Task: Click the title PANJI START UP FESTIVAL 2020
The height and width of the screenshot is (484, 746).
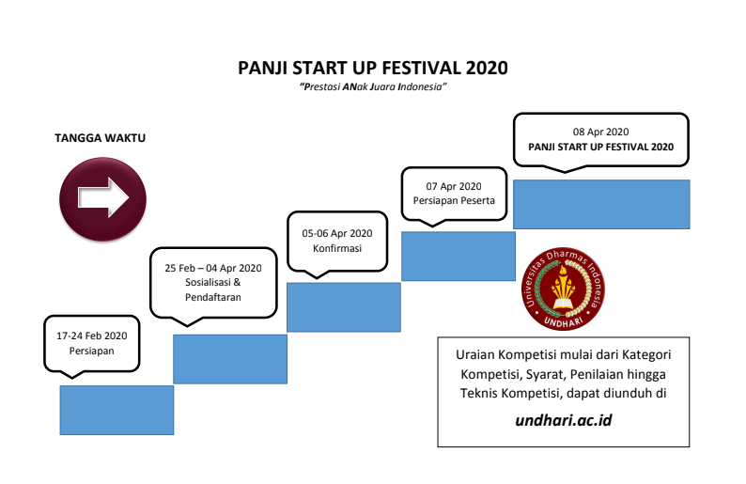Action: [x=373, y=68]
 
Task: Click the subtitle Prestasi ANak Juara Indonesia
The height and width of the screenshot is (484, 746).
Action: [x=372, y=86]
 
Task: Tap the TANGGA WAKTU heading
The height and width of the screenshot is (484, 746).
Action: [x=101, y=138]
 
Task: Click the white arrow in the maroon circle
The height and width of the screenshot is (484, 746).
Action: [x=102, y=197]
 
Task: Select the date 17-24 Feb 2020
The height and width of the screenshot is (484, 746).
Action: [x=91, y=335]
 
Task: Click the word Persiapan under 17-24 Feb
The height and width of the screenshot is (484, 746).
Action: [x=91, y=351]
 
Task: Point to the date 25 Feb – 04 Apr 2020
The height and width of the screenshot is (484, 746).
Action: [x=213, y=268]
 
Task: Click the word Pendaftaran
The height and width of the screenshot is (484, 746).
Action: [x=213, y=297]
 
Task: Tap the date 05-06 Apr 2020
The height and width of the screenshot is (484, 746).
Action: [x=337, y=233]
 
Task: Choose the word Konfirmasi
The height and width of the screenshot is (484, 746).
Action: [x=337, y=248]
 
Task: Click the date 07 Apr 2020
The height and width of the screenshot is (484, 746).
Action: [x=454, y=186]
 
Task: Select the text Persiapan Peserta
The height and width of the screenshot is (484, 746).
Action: [x=454, y=201]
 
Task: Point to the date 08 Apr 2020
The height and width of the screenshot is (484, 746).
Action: [x=600, y=132]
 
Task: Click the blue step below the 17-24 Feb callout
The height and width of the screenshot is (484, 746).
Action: [x=117, y=410]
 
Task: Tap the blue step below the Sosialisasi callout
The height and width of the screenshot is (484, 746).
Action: [x=229, y=359]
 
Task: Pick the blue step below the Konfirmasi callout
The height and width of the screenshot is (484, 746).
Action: [x=343, y=307]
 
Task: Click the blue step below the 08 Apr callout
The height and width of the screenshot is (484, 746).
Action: [x=601, y=204]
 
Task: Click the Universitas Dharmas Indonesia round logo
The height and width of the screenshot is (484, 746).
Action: [x=562, y=289]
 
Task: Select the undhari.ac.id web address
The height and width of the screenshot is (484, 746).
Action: [x=564, y=419]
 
